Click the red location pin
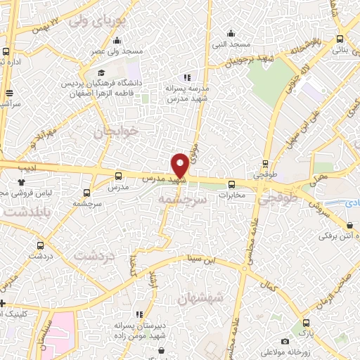(180, 165)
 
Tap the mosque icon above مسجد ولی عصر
(117, 39)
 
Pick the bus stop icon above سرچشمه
(87, 192)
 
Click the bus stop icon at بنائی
(340, 39)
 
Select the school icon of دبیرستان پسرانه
(139, 314)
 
